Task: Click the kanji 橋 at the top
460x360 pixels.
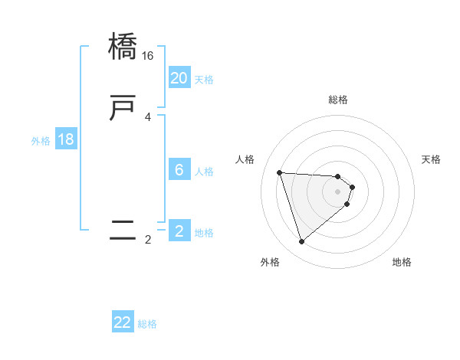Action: (x=123, y=47)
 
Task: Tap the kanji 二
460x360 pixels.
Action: (x=123, y=231)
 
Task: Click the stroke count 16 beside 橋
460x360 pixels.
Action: (x=148, y=56)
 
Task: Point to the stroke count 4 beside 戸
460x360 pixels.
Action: (x=148, y=117)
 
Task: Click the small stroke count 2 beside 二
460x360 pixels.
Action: (x=148, y=240)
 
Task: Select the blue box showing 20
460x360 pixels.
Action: (x=179, y=78)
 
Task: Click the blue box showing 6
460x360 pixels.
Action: (x=179, y=170)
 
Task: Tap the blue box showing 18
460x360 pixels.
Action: (x=66, y=139)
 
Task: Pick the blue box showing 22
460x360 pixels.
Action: (x=123, y=322)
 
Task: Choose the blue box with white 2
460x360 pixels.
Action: (x=179, y=231)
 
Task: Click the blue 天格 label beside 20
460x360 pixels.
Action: (x=204, y=80)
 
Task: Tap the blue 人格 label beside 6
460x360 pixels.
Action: (x=204, y=172)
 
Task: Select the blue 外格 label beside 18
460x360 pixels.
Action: (x=41, y=141)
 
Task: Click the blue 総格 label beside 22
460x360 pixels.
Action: (x=147, y=324)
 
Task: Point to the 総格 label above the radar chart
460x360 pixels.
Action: (x=338, y=100)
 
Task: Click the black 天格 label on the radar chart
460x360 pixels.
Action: (x=431, y=159)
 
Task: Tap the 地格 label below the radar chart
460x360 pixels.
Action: (x=402, y=262)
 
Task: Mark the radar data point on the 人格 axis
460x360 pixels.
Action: (x=280, y=172)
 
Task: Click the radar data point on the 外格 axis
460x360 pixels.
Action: (x=302, y=242)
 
